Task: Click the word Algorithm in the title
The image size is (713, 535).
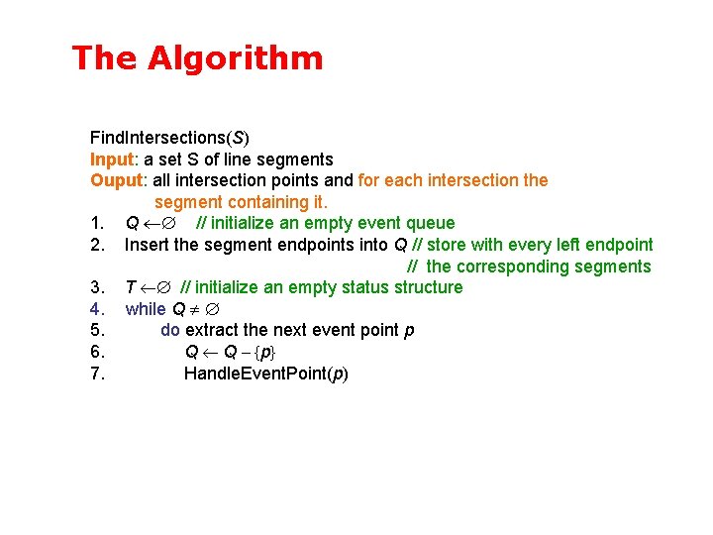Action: (236, 58)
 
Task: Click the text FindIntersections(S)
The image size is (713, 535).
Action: (169, 138)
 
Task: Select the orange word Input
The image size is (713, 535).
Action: (112, 160)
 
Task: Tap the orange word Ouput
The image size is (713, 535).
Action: (115, 180)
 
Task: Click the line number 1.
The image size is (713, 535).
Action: (97, 223)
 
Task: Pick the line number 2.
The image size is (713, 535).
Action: (97, 245)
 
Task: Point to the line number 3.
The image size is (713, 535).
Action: (97, 287)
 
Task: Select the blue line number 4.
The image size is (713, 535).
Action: (97, 309)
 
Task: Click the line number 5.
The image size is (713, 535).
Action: (97, 330)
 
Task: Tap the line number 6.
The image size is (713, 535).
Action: (97, 352)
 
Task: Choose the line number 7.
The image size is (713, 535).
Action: (97, 374)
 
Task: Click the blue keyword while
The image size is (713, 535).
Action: (146, 309)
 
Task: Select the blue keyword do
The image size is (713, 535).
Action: (170, 330)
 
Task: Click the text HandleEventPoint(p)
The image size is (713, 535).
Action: (266, 374)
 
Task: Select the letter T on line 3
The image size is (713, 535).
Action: (131, 287)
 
